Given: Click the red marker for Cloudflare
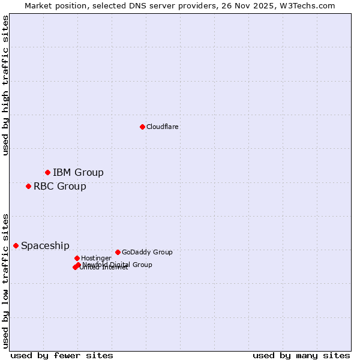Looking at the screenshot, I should [x=142, y=127].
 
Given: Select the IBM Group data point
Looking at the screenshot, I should [x=47, y=173].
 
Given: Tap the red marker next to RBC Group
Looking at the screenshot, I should [x=28, y=186].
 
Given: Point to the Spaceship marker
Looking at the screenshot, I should [x=16, y=245].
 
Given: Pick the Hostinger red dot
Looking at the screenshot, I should [x=77, y=258].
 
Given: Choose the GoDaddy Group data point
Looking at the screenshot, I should [x=118, y=252].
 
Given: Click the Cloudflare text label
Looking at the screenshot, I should [x=162, y=127].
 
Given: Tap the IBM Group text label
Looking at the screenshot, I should [x=78, y=173].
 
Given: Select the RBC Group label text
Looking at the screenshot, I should [x=59, y=186].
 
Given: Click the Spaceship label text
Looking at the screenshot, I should [x=45, y=245].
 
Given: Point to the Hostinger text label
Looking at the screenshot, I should [x=96, y=258].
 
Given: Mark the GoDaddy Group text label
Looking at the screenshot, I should [x=147, y=252].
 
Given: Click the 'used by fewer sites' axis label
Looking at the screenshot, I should [x=62, y=355].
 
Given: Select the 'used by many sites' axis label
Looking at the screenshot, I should [x=301, y=355].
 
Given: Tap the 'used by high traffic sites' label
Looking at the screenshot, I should [x=5, y=85].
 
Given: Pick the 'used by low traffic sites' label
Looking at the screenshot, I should [x=5, y=280].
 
